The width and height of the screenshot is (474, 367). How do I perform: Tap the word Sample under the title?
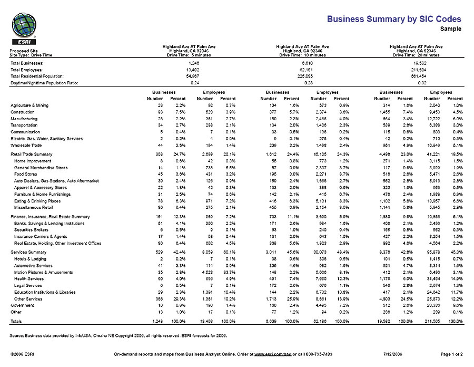pos(450,29)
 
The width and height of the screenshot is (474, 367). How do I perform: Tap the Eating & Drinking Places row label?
pos(37,201)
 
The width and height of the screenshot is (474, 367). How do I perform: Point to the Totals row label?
pos(16,321)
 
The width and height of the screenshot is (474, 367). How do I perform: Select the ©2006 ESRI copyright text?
pos(23,354)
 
